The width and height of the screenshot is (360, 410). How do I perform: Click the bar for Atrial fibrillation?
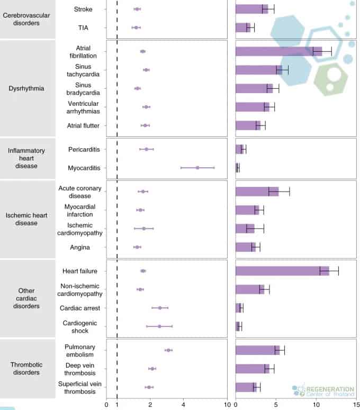(278, 51)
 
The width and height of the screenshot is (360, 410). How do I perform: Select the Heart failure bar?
(282, 271)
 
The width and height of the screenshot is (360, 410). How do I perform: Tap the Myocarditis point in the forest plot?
(197, 168)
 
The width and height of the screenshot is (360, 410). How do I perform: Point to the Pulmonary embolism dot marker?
(168, 350)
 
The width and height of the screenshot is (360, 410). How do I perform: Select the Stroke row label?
(83, 9)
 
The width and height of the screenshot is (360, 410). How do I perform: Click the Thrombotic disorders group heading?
(26, 369)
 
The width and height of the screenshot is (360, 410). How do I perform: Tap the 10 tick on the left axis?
(227, 405)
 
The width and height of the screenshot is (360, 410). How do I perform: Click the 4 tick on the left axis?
(183, 405)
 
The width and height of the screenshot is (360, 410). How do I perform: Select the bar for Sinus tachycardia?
(258, 70)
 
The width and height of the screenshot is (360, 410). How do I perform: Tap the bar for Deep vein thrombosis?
(253, 369)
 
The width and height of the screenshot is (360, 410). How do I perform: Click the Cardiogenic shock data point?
(159, 326)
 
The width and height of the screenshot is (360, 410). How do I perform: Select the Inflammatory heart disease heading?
(26, 158)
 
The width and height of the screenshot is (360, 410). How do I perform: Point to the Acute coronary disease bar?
(257, 192)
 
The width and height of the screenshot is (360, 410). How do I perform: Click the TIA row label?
(83, 28)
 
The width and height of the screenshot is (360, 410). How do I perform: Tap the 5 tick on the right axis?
(276, 405)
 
